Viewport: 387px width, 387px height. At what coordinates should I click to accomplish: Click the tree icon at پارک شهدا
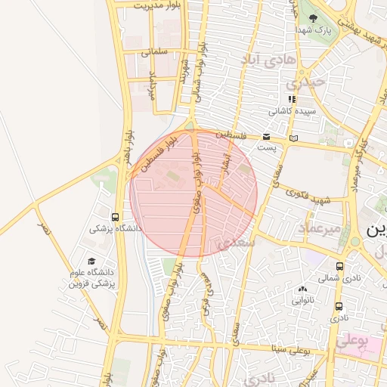coord(310,17)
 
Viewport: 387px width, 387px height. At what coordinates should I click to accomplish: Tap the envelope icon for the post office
coord(266,137)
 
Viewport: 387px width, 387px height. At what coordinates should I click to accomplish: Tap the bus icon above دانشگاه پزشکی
coord(115,216)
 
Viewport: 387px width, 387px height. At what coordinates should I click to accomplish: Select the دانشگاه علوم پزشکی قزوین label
coord(91,277)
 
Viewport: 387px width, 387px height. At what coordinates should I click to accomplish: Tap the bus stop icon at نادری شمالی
coord(339,266)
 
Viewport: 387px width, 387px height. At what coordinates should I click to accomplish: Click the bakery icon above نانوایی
coord(302,288)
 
